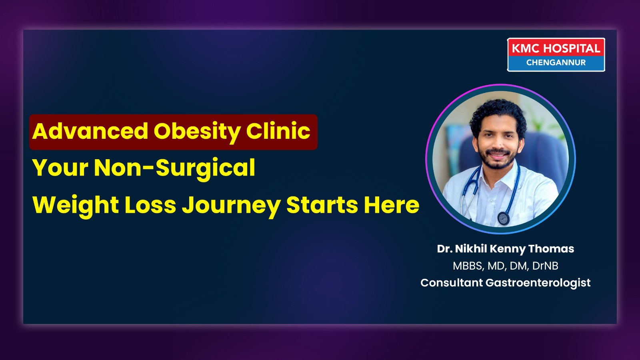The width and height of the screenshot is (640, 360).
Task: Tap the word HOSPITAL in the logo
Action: [572, 48]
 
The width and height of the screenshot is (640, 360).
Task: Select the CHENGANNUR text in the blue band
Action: [556, 62]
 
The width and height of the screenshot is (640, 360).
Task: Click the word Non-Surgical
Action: [174, 168]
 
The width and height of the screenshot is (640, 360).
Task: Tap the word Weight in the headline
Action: [76, 206]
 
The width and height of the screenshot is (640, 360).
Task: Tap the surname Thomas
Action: [551, 248]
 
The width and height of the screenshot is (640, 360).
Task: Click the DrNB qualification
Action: [546, 266]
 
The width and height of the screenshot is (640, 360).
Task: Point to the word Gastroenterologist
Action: [538, 283]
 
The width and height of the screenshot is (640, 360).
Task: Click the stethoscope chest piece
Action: [504, 218]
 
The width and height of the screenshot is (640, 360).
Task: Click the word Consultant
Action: [452, 282]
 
